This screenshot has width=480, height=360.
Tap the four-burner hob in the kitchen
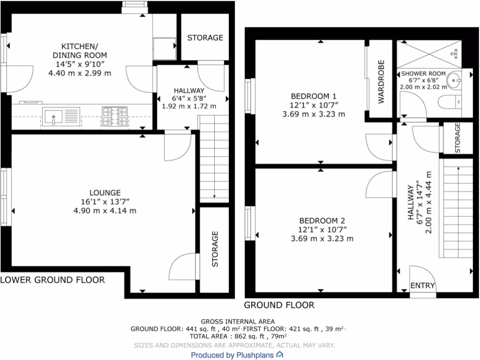click(x=115, y=116)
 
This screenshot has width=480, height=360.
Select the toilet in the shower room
click(x=449, y=102)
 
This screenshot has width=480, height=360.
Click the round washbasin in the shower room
click(x=454, y=80)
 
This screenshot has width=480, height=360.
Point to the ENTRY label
click(x=423, y=286)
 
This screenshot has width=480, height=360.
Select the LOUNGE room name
click(x=105, y=193)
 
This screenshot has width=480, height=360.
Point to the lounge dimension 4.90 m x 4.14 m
click(x=105, y=210)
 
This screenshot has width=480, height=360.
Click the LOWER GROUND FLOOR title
click(x=52, y=280)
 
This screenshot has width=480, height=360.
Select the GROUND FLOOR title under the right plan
click(x=279, y=305)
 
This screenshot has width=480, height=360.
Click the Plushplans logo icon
click(x=280, y=355)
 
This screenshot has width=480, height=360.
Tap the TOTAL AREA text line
click(x=238, y=336)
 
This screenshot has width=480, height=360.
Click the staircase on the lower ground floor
click(x=214, y=159)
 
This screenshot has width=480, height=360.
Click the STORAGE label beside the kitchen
click(x=205, y=37)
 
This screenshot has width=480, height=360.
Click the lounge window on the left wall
click(x=6, y=197)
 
